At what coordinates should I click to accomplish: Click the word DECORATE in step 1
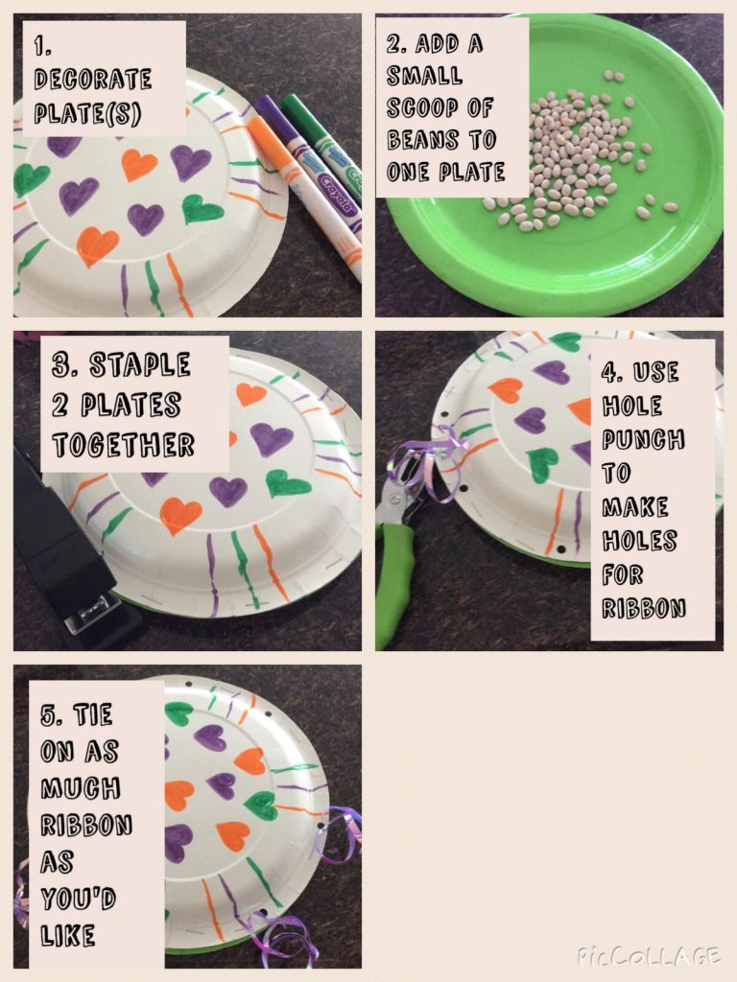pos(93,79)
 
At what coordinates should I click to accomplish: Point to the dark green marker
pos(322,147)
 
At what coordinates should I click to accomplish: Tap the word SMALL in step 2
pos(424,76)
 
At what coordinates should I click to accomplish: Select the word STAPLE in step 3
pos(140,365)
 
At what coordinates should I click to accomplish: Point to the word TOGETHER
pos(124,445)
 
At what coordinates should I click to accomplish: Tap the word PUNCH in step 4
pos(643,439)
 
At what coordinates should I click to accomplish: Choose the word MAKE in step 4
pos(635,506)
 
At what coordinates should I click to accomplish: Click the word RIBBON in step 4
pos(644,607)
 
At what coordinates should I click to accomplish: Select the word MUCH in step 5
pos(81,788)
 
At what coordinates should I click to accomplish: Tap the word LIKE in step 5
pos(68,936)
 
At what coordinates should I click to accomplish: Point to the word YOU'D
pos(79,900)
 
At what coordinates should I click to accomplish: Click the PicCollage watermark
pos(648,956)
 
